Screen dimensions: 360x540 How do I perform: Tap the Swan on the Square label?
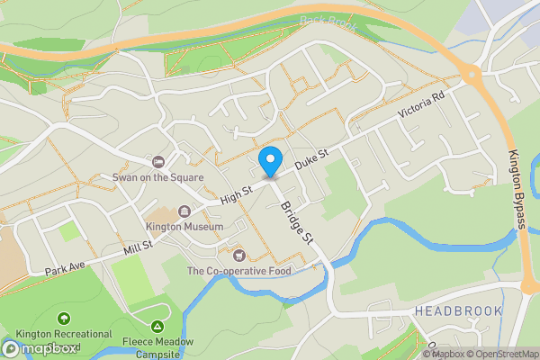[x=157, y=177]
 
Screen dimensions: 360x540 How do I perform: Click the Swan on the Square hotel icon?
[x=158, y=162]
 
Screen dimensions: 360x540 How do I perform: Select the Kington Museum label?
[x=185, y=227]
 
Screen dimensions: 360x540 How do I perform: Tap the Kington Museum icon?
[x=185, y=211]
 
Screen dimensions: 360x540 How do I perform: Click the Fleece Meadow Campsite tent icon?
[x=157, y=326]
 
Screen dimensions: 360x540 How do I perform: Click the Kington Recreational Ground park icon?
[x=63, y=319]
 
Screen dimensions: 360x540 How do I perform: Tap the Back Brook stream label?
[x=323, y=21]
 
